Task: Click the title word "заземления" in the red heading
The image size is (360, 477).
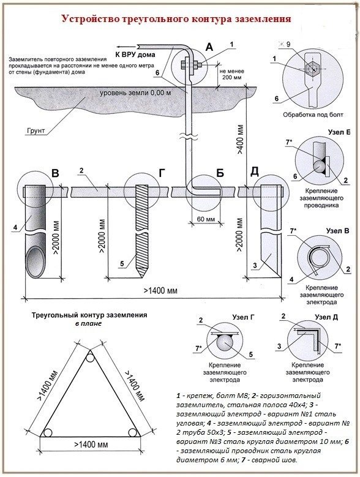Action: (263, 19)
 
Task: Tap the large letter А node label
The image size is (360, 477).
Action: (209, 47)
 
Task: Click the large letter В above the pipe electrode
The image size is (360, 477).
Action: (55, 174)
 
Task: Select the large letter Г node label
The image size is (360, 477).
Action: (162, 173)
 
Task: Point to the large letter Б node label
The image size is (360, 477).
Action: (220, 173)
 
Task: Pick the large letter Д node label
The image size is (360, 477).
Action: (255, 172)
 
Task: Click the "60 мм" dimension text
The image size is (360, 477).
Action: (206, 219)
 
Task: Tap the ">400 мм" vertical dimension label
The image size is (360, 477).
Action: (241, 139)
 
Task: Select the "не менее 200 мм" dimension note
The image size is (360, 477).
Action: (231, 74)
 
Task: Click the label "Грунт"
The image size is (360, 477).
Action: (36, 131)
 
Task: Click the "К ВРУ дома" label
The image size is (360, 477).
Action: (135, 54)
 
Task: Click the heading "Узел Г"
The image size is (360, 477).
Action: (243, 317)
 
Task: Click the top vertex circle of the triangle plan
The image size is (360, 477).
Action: (90, 358)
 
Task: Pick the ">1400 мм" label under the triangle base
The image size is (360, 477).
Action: (91, 445)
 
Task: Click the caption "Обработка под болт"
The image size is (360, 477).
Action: (313, 115)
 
